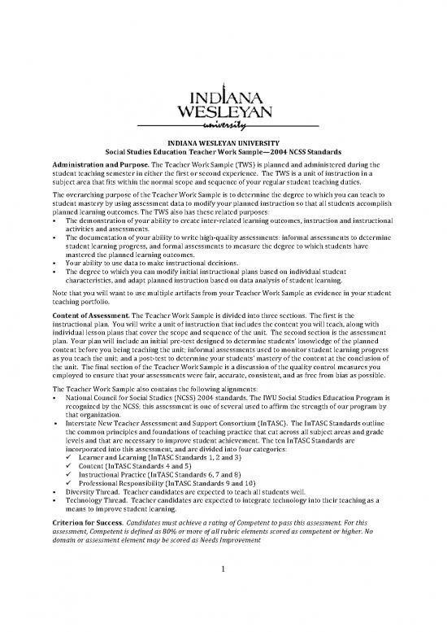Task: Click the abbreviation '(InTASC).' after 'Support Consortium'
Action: click(285, 426)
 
